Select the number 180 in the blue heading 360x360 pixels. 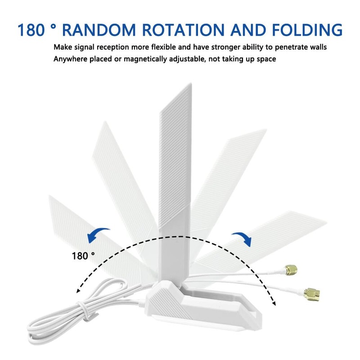point(32,30)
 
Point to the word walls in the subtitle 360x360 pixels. point(317,47)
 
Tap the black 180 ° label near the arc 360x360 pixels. point(83,256)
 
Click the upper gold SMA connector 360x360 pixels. point(291,270)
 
